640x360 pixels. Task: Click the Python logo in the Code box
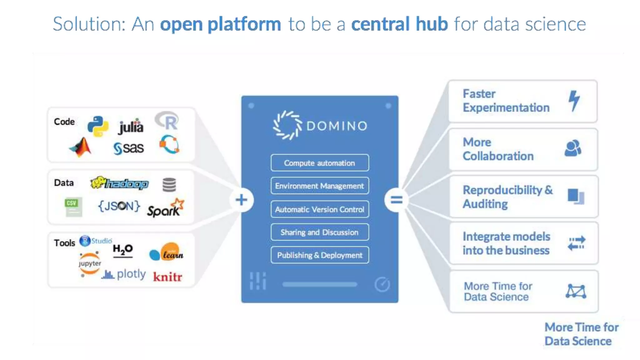(x=98, y=126)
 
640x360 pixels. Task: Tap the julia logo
(x=131, y=127)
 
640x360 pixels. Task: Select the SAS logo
(x=129, y=148)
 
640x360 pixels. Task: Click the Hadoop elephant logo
(x=119, y=183)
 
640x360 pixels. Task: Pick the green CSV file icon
(x=73, y=207)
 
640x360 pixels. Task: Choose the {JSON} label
(x=119, y=206)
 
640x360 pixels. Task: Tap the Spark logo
(x=166, y=208)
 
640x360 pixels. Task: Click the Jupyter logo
(x=90, y=263)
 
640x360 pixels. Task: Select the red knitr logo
(x=167, y=277)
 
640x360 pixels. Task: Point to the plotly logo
(x=124, y=274)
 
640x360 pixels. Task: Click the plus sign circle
(x=241, y=200)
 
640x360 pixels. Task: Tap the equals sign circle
(x=396, y=200)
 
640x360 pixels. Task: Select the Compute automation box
(x=320, y=163)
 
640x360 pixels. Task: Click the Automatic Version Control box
(x=320, y=209)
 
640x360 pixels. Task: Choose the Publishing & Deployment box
(x=320, y=255)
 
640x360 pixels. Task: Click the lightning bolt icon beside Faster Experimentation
(x=574, y=100)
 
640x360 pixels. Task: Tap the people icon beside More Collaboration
(x=573, y=148)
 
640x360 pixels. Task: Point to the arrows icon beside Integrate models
(x=576, y=243)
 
